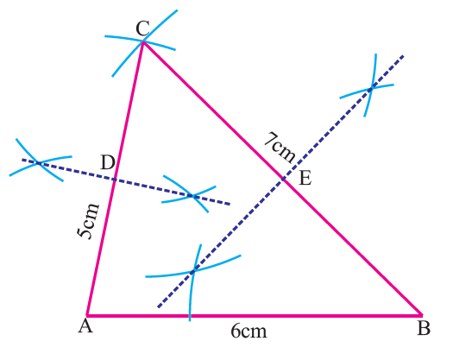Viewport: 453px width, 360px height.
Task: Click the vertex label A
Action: (85, 326)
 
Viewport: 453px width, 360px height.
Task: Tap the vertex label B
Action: (424, 328)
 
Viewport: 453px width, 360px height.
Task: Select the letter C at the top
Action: (142, 28)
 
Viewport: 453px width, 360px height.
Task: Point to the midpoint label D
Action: (108, 162)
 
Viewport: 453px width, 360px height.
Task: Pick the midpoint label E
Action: (305, 178)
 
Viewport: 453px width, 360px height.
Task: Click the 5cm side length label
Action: (88, 221)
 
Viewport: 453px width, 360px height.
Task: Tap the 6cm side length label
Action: (249, 332)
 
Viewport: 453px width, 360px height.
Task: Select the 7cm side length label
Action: (280, 147)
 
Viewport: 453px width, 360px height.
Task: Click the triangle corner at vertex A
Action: (86, 315)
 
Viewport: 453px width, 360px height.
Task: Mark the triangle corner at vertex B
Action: (422, 314)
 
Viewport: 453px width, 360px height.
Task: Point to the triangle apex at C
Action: (142, 42)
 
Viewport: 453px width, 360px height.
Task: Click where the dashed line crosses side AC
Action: (115, 180)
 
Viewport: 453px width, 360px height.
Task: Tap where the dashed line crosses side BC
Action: (283, 180)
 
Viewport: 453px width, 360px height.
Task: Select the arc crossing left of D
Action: (39, 163)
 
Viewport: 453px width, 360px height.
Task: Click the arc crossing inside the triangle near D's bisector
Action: (193, 197)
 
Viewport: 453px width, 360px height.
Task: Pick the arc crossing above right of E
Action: (371, 89)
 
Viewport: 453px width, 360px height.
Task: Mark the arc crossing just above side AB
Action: (193, 271)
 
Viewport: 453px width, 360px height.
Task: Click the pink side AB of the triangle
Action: (255, 315)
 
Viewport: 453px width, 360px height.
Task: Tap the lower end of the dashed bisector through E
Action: (158, 307)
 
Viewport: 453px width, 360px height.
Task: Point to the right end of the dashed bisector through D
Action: (230, 204)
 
